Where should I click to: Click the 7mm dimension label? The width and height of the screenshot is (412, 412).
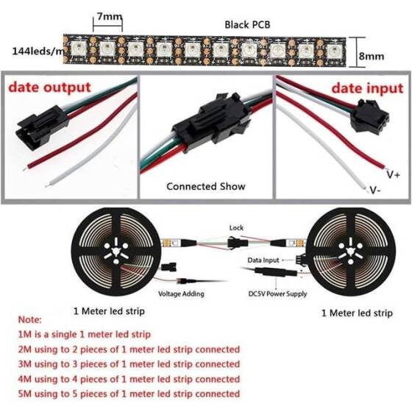click(x=108, y=16)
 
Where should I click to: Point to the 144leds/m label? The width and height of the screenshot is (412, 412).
click(x=37, y=51)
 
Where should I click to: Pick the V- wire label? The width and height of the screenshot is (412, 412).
click(x=374, y=189)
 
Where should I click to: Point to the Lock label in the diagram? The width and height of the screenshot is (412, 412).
click(x=236, y=228)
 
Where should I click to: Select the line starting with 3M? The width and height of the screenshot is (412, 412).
click(x=128, y=362)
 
